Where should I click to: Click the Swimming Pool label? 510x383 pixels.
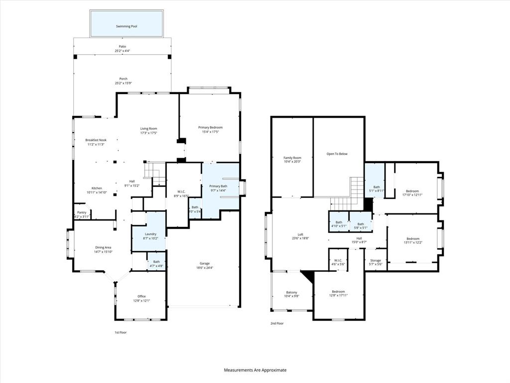tap(127, 26)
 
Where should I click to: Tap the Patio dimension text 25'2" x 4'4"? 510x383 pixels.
tap(123, 51)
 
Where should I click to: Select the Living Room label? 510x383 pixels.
tap(148, 129)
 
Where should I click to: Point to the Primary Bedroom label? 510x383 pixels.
tap(210, 128)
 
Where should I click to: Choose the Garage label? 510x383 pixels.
tap(205, 263)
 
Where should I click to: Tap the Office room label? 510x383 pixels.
tap(141, 296)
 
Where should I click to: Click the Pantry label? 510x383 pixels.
tap(81, 212)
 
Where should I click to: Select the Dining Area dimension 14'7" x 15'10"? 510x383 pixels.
tap(103, 252)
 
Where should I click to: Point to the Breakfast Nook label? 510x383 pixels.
tap(96, 140)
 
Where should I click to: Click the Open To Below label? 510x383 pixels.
tap(337, 154)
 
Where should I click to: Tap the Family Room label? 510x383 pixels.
tap(292, 158)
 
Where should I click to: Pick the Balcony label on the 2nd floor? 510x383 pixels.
tap(291, 292)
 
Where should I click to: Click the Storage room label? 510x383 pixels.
tap(376, 260)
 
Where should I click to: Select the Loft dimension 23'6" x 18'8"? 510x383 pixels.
tap(300, 239)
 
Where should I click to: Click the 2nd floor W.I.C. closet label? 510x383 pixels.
tap(338, 260)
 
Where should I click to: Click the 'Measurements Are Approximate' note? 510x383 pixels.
tap(255, 370)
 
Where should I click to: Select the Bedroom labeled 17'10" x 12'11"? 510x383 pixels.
tap(412, 191)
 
